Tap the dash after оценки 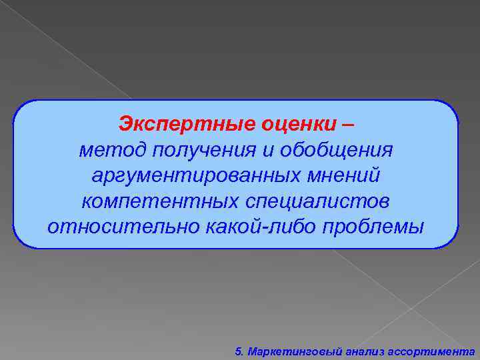(351, 125)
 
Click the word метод (112, 150)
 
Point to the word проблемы (373, 226)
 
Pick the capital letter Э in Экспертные (125, 124)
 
